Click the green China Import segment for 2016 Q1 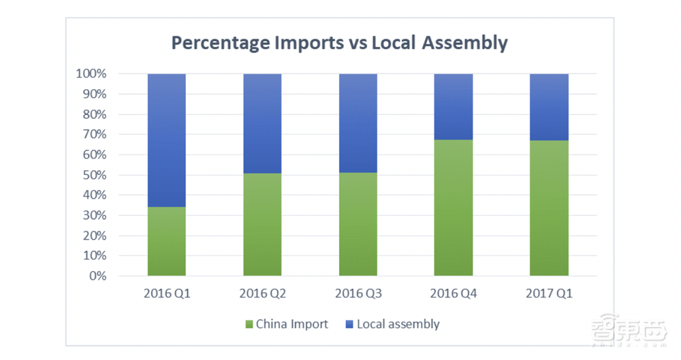(x=167, y=242)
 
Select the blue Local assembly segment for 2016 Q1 (x=167, y=140)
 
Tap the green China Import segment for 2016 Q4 (x=454, y=208)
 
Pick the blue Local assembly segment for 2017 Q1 (x=549, y=107)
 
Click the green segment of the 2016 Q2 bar (x=262, y=225)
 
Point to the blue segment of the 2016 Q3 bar (x=358, y=122)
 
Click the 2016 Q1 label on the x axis (x=167, y=294)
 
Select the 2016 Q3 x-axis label (x=358, y=294)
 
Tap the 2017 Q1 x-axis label (x=549, y=294)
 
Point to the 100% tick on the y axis (x=91, y=73)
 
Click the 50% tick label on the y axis (x=94, y=175)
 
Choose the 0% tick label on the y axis (x=97, y=276)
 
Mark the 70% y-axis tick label (x=94, y=134)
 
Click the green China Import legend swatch (x=249, y=325)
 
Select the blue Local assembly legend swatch (x=349, y=325)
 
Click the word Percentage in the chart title (x=220, y=43)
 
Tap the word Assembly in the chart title (x=464, y=43)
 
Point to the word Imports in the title (x=313, y=43)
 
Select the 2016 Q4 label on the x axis (x=454, y=294)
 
